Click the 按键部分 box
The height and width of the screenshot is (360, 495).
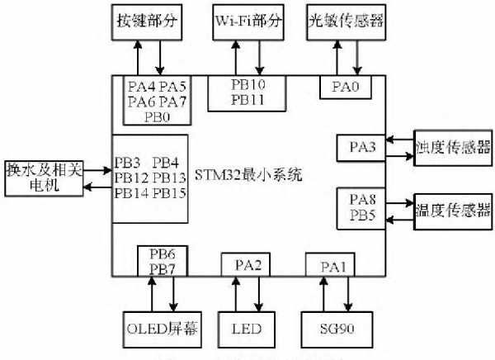149,21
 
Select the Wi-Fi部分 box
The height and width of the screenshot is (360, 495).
248,21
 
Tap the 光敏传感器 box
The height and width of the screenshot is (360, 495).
345,21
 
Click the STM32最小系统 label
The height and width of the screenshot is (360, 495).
248,175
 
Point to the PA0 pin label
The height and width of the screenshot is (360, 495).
344,85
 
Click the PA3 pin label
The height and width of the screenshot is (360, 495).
362,147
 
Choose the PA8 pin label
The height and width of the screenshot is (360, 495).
362,199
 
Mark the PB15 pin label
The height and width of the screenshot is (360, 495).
168,192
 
